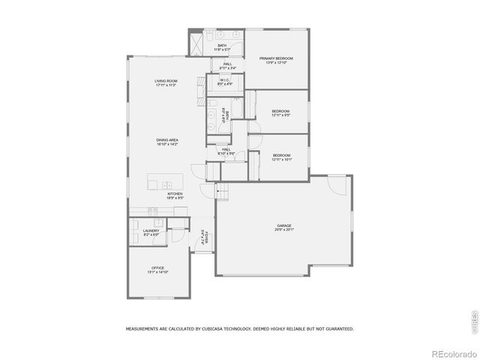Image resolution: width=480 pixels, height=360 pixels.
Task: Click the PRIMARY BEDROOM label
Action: click(x=276, y=58)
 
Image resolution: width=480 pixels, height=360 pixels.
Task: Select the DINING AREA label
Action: click(x=166, y=139)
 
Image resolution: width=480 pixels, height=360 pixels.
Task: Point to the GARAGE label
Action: click(x=283, y=225)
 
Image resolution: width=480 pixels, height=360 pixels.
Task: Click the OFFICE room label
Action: click(x=157, y=268)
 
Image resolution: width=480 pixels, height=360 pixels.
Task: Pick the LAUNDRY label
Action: click(x=151, y=231)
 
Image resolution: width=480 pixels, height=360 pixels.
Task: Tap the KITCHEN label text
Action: click(x=175, y=193)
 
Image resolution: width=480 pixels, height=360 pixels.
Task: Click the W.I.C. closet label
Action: click(x=225, y=80)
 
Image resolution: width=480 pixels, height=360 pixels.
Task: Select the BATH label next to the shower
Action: click(x=222, y=46)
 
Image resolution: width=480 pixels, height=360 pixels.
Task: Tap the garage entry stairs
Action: click(x=221, y=192)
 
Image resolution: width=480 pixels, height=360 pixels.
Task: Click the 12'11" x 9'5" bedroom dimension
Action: click(x=280, y=115)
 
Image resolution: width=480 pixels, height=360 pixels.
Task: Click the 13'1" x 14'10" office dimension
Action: click(x=157, y=271)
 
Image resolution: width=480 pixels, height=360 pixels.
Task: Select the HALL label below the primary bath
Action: click(x=226, y=64)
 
